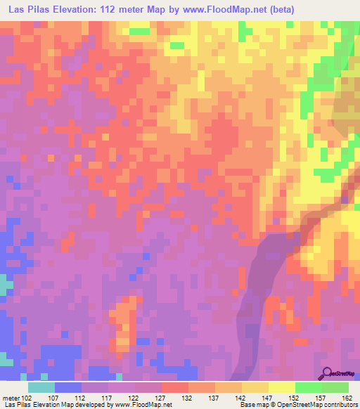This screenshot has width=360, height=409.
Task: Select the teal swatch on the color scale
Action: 41,387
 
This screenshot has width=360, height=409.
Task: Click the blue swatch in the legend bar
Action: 68,387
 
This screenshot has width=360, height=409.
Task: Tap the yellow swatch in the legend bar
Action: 282,387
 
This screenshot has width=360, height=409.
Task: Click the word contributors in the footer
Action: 337,404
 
